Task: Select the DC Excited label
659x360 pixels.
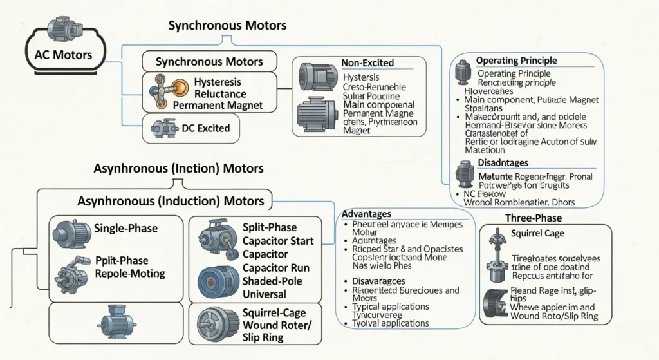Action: click(205, 128)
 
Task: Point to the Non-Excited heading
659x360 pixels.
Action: click(367, 63)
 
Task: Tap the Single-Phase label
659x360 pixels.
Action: click(125, 228)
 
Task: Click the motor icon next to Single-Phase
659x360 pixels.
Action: click(71, 231)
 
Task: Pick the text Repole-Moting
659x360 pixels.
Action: click(129, 273)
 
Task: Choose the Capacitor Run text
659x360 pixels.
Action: click(276, 267)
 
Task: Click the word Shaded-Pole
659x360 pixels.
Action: click(274, 281)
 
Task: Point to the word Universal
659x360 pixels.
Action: click(265, 294)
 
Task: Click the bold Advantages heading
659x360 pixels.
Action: click(366, 213)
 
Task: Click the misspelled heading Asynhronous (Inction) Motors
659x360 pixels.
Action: click(178, 168)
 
